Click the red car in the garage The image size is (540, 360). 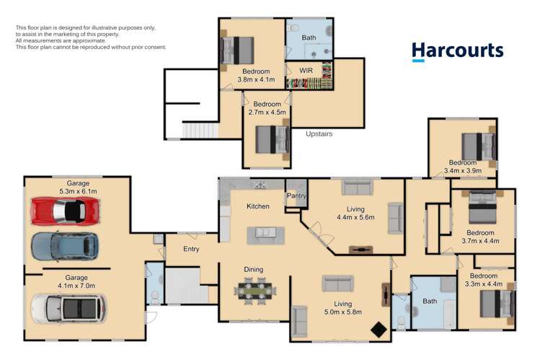(x=66, y=211)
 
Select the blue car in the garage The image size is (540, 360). (x=65, y=246)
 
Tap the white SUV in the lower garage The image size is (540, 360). (x=69, y=308)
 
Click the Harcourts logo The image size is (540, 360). (x=457, y=52)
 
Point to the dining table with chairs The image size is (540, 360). (x=255, y=291)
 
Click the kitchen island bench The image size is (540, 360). (x=266, y=236)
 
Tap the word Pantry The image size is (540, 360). (x=296, y=196)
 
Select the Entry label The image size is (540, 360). (x=191, y=249)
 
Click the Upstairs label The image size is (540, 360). (x=319, y=133)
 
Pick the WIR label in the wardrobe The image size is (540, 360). (x=306, y=71)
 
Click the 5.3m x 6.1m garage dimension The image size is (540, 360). (x=78, y=191)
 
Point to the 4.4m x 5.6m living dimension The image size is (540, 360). (x=355, y=217)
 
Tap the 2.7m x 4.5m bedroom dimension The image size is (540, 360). (x=267, y=113)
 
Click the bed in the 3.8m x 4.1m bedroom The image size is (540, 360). (x=237, y=51)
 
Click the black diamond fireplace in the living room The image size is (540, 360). (x=379, y=330)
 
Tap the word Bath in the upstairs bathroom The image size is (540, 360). (x=309, y=38)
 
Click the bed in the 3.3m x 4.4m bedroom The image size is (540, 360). (x=497, y=304)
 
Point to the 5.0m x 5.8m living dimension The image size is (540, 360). (x=343, y=312)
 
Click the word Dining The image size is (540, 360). (x=254, y=270)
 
